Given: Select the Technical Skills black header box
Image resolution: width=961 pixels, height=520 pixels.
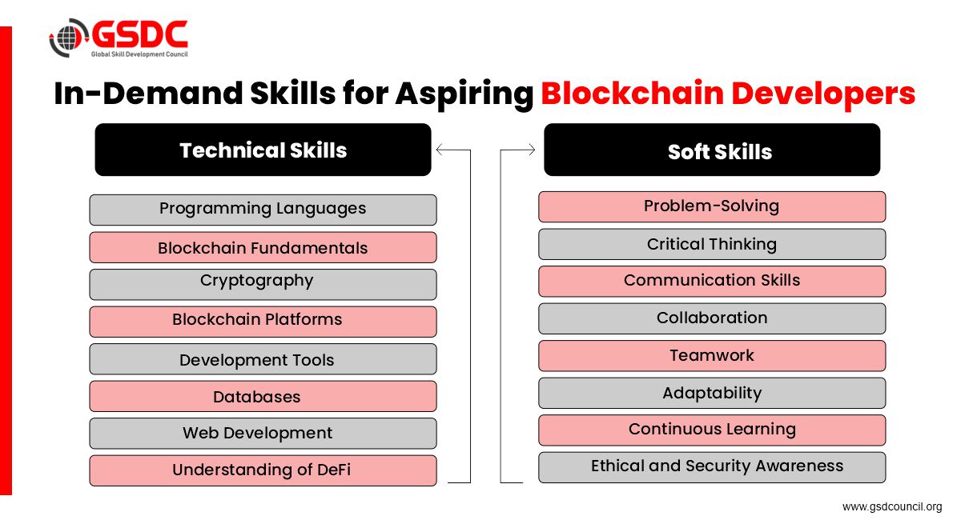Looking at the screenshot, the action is coord(263,150).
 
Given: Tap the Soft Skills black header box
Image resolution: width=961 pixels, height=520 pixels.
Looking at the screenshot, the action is coord(712,150).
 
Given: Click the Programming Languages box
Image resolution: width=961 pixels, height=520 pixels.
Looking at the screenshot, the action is coord(263,210).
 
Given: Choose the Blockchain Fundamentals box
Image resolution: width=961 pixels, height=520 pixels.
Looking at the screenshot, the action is coord(263,247).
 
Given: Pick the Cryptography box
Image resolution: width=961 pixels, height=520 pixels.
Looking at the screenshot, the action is coord(263,284).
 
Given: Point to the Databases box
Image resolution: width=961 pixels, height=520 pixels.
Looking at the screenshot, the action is coord(263,396).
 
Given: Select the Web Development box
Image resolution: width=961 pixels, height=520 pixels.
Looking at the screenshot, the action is coord(263,434).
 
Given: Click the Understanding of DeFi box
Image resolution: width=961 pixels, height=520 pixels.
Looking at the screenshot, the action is coord(263,470).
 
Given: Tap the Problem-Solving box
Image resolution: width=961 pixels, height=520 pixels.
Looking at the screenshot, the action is coord(712,207).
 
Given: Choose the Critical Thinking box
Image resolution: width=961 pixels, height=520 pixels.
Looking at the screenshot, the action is coord(712,244).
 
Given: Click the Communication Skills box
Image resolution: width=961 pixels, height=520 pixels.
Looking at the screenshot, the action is coord(712,282).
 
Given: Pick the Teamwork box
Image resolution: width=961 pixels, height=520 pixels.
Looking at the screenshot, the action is coord(712,356).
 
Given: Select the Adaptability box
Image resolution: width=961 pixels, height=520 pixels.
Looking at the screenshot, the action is coord(712,393).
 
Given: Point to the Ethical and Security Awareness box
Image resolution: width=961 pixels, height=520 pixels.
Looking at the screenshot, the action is coord(712,468).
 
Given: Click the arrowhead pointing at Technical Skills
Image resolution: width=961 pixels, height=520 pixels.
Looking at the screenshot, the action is coord(439,150).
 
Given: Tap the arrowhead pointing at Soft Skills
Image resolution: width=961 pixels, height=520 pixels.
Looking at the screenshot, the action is coord(532,150).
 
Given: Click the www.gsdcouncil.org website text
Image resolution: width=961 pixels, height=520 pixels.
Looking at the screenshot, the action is coord(892,506).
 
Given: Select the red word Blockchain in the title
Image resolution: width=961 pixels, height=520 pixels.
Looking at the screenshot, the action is coord(633,93).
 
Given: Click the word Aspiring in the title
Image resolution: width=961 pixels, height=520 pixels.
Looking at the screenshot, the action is coord(464,94).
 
